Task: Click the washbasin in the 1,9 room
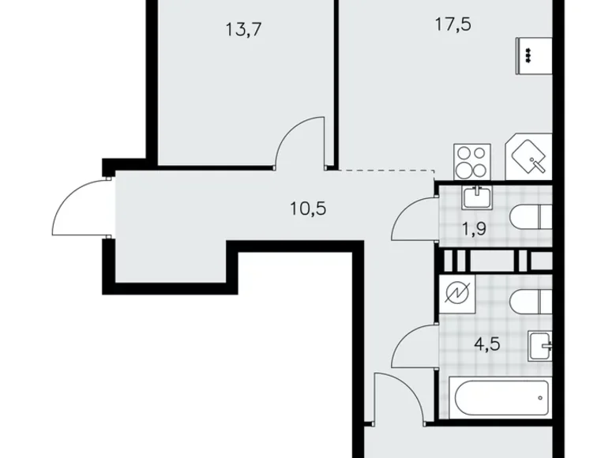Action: (x=477, y=197)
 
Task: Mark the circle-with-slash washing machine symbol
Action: (x=456, y=293)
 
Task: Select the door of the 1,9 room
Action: (x=415, y=220)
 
